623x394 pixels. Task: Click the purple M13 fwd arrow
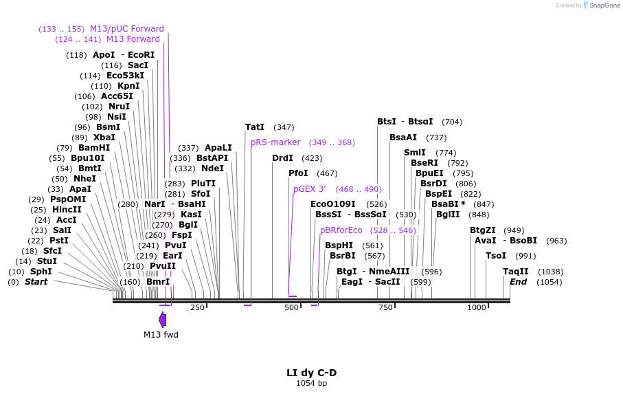163,319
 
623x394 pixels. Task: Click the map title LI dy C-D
311,373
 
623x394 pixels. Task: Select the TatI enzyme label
255,127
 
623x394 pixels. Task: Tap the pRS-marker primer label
275,142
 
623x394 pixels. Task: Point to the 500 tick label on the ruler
291,307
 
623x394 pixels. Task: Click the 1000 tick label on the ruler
476,307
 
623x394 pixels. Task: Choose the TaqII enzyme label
516,272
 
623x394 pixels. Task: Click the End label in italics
518,282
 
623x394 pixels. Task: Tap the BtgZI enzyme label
482,230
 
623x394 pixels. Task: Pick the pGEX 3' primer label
310,189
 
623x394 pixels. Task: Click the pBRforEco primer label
341,230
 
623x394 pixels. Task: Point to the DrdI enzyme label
282,158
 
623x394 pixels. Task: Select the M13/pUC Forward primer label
127,29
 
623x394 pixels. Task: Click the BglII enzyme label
448,214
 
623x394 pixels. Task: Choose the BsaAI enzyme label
403,138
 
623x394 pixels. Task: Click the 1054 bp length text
311,383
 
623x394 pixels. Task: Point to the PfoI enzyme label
298,173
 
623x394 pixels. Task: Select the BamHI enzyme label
94,148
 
